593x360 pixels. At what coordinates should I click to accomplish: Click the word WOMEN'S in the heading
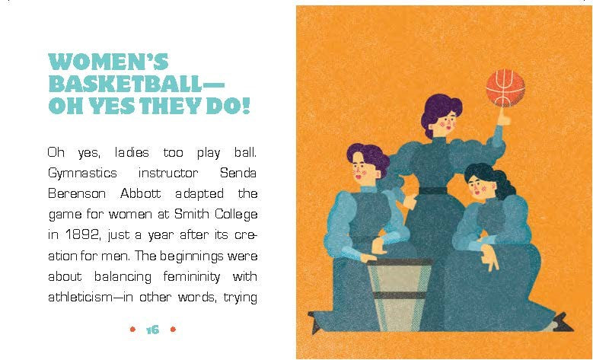(x=108, y=61)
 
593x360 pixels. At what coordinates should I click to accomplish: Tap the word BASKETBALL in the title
(x=125, y=83)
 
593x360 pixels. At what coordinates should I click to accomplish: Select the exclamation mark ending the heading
(x=246, y=105)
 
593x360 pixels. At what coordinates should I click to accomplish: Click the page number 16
(x=152, y=330)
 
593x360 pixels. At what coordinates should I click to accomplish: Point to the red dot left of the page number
(x=132, y=330)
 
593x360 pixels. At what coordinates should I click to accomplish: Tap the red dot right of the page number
(x=173, y=330)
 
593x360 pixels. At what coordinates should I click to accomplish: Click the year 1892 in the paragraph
(x=83, y=235)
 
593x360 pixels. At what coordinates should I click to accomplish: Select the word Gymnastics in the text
(x=82, y=174)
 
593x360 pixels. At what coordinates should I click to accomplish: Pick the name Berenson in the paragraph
(x=77, y=193)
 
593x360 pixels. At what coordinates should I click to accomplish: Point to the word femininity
(x=192, y=277)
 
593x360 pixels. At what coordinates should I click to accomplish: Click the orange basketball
(x=505, y=88)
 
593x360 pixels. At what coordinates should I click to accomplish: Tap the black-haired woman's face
(x=478, y=188)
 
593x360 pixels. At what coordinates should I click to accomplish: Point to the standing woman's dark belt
(x=433, y=190)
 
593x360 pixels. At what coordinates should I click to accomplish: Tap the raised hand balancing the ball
(x=503, y=117)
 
